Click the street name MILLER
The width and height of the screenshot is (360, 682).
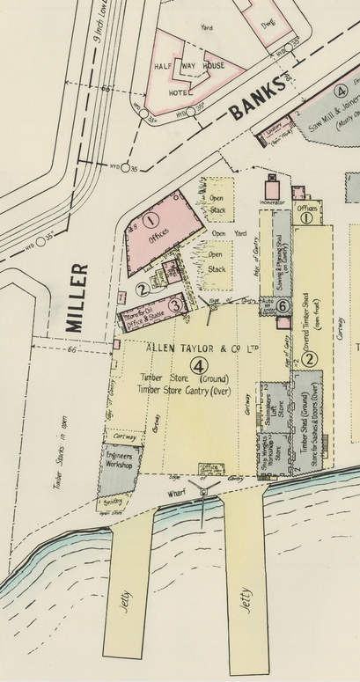(77, 297)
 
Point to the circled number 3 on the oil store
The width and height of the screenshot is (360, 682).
(175, 305)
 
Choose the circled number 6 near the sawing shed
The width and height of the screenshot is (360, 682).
(283, 305)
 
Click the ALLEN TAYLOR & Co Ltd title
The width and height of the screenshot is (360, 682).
(202, 348)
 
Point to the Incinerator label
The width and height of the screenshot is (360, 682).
(273, 203)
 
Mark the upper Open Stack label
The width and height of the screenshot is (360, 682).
(216, 204)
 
